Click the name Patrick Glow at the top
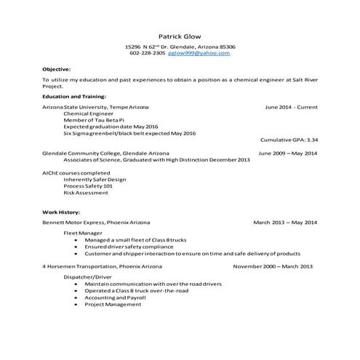pyautogui.click(x=180, y=36)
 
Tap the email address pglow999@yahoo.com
pyautogui.click(x=199, y=53)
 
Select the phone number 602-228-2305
pyautogui.click(x=148, y=53)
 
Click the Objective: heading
pyautogui.click(x=56, y=69)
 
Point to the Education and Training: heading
pyautogui.click(x=74, y=96)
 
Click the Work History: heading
pyautogui.click(x=60, y=212)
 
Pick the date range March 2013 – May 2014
pyautogui.click(x=285, y=221)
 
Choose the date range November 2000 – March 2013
pyautogui.click(x=273, y=266)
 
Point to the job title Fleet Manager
pyautogui.click(x=82, y=233)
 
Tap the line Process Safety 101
pyautogui.click(x=88, y=185)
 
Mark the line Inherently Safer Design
pyautogui.click(x=95, y=179)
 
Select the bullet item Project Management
pyautogui.click(x=113, y=304)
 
